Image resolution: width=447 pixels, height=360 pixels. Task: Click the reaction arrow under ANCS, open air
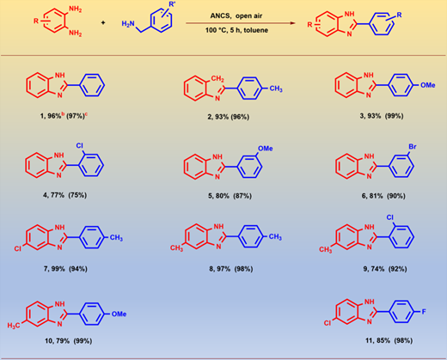[241, 23]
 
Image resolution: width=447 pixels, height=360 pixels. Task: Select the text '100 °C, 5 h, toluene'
[236, 30]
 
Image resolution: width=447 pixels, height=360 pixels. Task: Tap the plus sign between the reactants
[103, 22]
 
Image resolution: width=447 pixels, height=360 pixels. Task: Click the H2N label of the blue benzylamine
[128, 24]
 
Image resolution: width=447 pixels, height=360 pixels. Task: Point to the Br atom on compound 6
[413, 147]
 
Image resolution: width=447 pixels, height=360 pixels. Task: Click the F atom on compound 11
[424, 312]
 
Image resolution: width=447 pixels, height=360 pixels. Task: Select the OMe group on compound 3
[428, 85]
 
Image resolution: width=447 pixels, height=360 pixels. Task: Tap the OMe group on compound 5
[266, 149]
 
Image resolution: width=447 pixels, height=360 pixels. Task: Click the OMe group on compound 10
[119, 314]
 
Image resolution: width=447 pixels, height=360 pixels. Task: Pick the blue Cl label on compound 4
[79, 145]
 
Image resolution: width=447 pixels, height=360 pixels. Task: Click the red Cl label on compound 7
[18, 248]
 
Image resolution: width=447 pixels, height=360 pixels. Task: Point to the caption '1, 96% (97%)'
[64, 116]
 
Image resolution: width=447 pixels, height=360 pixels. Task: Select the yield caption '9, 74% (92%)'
[385, 269]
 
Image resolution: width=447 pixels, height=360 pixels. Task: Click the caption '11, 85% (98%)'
[389, 340]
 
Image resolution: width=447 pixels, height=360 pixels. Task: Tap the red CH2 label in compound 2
[217, 78]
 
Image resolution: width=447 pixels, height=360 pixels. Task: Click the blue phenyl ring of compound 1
[92, 85]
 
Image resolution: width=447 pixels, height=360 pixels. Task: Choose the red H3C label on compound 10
[14, 326]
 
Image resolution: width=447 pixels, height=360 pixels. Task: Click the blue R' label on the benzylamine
[172, 4]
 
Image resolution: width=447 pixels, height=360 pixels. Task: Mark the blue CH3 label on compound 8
[275, 237]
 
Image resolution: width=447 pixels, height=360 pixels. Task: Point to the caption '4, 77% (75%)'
[64, 195]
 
